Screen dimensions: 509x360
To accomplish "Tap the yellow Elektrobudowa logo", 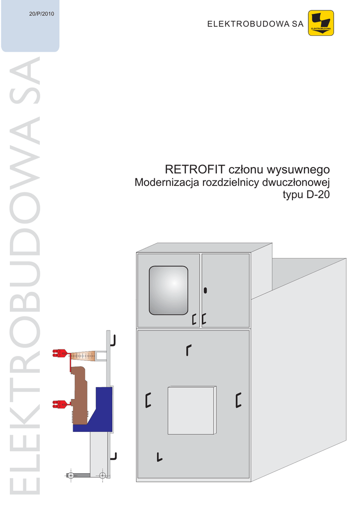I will (x=321, y=23).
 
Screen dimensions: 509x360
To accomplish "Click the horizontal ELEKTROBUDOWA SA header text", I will (x=255, y=24).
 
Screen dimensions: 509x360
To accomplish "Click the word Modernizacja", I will (x=167, y=182).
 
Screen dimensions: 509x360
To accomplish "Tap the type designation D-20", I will (x=318, y=195).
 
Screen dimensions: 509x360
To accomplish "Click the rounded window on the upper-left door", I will (x=169, y=290).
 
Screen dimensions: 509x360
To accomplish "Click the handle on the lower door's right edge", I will (x=239, y=400).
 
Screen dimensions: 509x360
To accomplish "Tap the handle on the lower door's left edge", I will (x=148, y=400).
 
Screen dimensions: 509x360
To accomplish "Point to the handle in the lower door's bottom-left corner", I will (x=159, y=457).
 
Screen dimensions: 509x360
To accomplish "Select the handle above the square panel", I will (x=188, y=349).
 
